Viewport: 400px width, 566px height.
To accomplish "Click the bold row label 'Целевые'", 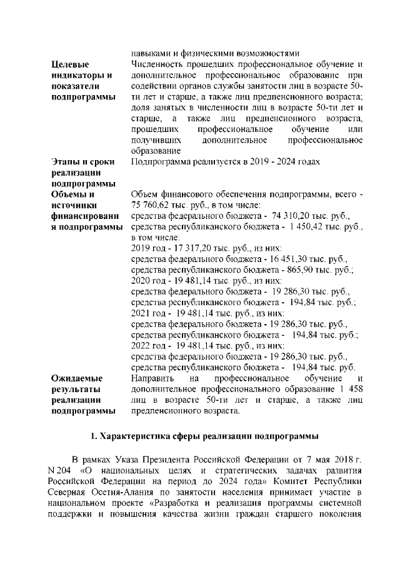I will [71, 64].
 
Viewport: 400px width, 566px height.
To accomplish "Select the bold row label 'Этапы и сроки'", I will [82, 162].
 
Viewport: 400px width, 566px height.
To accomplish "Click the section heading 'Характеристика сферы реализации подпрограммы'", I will [206, 435].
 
